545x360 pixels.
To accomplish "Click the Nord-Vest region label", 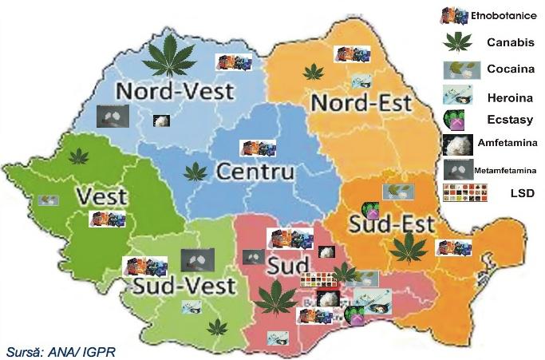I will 176,90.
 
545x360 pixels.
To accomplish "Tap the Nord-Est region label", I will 361,103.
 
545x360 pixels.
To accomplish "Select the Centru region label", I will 255,172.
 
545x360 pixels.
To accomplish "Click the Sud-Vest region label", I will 184,285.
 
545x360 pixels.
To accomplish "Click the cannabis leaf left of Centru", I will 194,171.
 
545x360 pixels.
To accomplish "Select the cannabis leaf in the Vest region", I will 78,156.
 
